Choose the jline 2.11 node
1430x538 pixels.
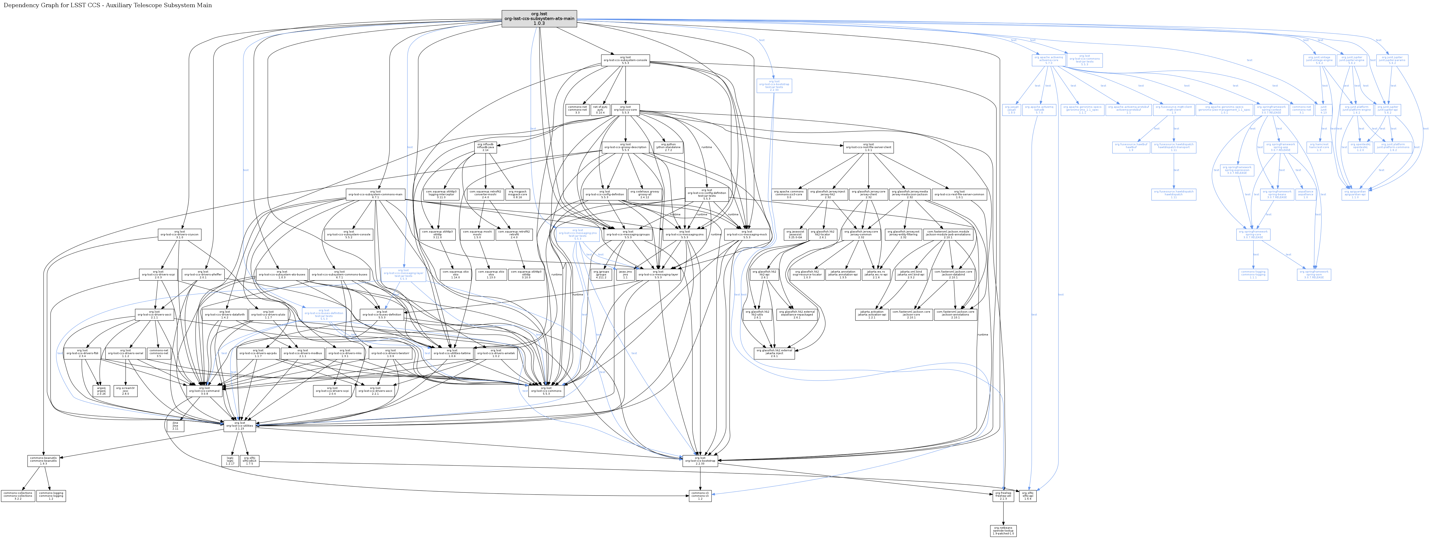coord(175,426)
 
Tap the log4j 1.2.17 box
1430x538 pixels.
coord(230,461)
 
